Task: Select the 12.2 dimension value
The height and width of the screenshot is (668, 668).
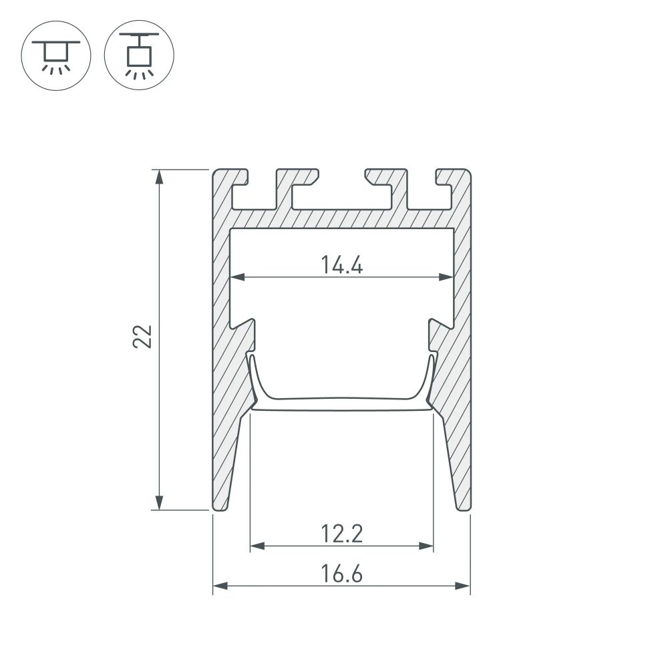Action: (341, 534)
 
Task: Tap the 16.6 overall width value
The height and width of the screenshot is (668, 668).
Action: (341, 574)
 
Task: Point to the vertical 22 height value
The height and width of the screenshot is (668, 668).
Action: (143, 337)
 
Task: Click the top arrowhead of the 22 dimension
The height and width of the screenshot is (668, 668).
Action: (159, 176)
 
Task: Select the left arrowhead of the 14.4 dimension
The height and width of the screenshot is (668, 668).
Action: (236, 277)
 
